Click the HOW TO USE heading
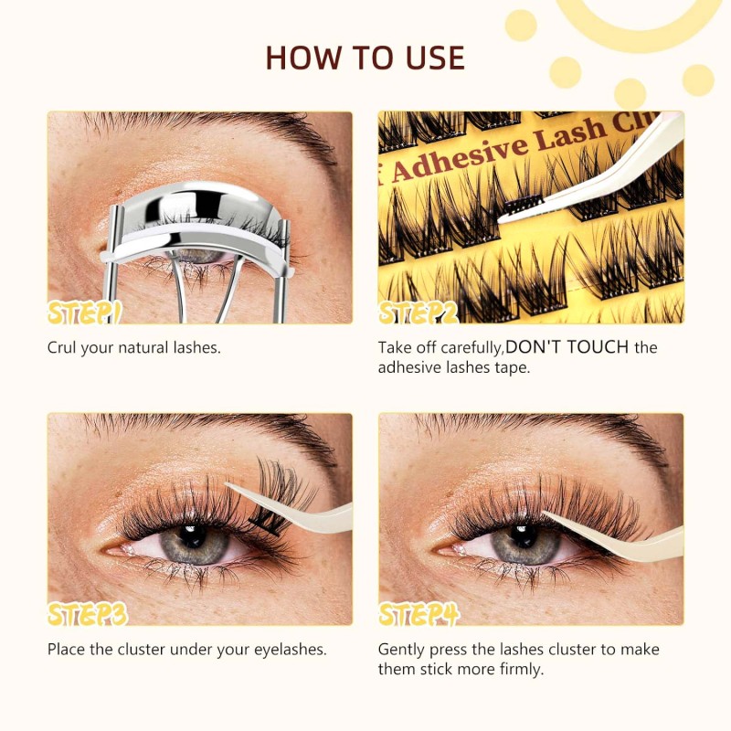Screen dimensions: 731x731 click(x=365, y=57)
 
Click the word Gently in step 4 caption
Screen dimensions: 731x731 click(x=402, y=650)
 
